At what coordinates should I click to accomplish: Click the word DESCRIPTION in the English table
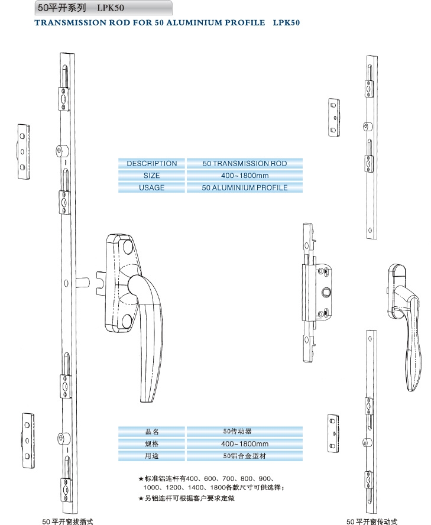pyautogui.click(x=152, y=163)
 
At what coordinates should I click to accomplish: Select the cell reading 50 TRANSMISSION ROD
pyautogui.click(x=245, y=163)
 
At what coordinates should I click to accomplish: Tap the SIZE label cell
pyautogui.click(x=152, y=176)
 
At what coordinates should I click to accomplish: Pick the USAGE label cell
pyautogui.click(x=152, y=187)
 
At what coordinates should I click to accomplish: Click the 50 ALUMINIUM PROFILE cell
pyautogui.click(x=245, y=187)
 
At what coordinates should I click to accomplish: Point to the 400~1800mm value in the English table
pyautogui.click(x=245, y=176)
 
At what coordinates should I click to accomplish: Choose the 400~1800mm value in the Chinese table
pyautogui.click(x=245, y=443)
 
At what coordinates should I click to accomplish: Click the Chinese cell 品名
pyautogui.click(x=152, y=432)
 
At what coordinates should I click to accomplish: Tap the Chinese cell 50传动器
pyautogui.click(x=245, y=432)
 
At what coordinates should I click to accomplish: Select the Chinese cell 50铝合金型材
pyautogui.click(x=245, y=456)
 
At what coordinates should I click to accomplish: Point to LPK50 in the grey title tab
pyautogui.click(x=111, y=8)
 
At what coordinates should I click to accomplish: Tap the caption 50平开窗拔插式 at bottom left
pyautogui.click(x=67, y=521)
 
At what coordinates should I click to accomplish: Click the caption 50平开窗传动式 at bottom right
pyautogui.click(x=372, y=521)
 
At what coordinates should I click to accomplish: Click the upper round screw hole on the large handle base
pyautogui.click(x=128, y=247)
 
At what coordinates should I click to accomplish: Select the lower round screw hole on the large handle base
pyautogui.click(x=127, y=321)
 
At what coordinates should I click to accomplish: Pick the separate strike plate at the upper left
pyautogui.click(x=24, y=152)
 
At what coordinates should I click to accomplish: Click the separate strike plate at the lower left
pyautogui.click(x=28, y=440)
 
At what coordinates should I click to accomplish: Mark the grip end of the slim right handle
pyautogui.click(x=412, y=375)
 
